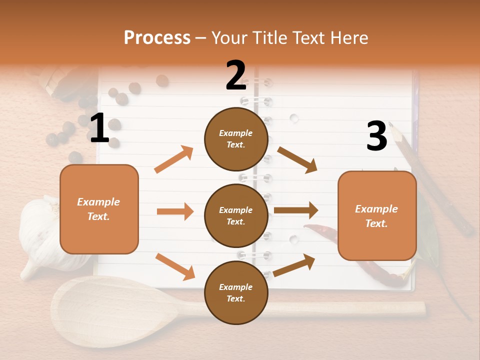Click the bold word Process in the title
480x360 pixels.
157,37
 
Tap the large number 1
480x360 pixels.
99,128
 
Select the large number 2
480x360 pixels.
236,76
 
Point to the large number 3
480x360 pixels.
376,136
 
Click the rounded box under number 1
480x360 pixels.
99,209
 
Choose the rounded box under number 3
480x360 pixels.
377,215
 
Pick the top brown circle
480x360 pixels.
236,139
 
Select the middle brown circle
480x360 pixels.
236,215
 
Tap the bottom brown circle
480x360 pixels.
236,292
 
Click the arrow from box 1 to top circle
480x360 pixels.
174,159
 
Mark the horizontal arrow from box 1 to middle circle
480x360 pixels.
175,211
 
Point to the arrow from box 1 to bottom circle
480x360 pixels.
175,266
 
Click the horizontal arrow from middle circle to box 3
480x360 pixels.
296,210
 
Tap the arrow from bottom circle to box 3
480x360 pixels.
294,265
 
